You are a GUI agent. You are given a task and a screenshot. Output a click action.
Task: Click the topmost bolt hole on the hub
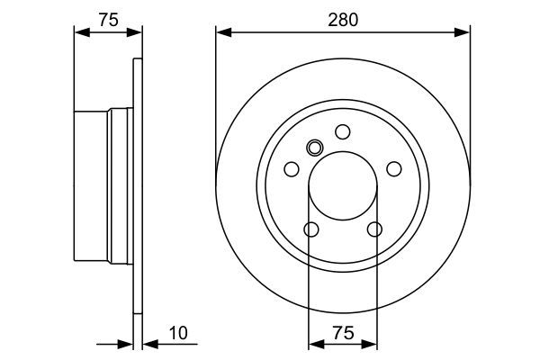point(343,132)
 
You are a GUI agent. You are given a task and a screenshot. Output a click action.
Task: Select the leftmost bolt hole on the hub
point(291,169)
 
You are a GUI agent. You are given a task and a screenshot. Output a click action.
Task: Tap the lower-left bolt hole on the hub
point(310,230)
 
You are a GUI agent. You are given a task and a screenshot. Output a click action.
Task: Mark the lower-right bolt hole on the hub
point(374,230)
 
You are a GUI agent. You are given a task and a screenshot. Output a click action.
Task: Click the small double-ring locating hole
point(314,148)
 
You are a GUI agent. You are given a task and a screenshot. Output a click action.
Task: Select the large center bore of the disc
point(343,186)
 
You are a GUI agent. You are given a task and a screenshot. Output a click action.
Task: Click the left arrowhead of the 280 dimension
point(222,33)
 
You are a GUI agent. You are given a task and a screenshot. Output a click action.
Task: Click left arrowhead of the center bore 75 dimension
point(314,343)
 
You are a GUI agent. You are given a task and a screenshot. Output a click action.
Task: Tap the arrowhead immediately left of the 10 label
point(148,343)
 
